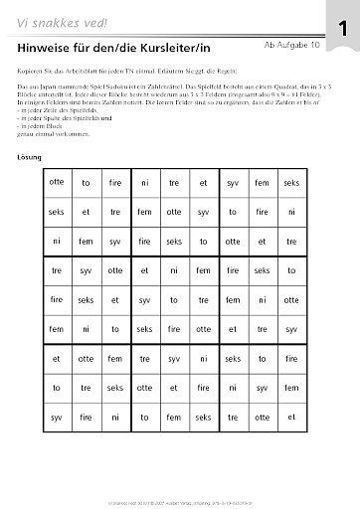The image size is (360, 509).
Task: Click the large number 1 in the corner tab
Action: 341,31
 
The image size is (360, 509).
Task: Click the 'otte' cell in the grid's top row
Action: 56,183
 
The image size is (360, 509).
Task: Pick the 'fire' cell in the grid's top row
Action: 114,183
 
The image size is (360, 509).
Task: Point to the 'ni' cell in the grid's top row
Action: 144,183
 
